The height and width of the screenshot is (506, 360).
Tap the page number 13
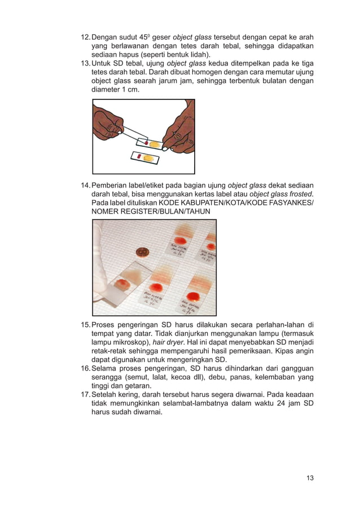point(310,478)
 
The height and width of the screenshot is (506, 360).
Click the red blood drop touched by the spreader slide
point(147,144)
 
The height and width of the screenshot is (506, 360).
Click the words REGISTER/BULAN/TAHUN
point(164,211)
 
